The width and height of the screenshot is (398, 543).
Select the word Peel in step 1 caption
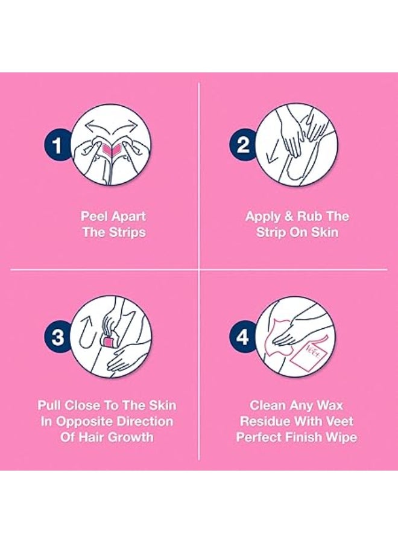95,217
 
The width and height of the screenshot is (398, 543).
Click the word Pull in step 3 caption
51,405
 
